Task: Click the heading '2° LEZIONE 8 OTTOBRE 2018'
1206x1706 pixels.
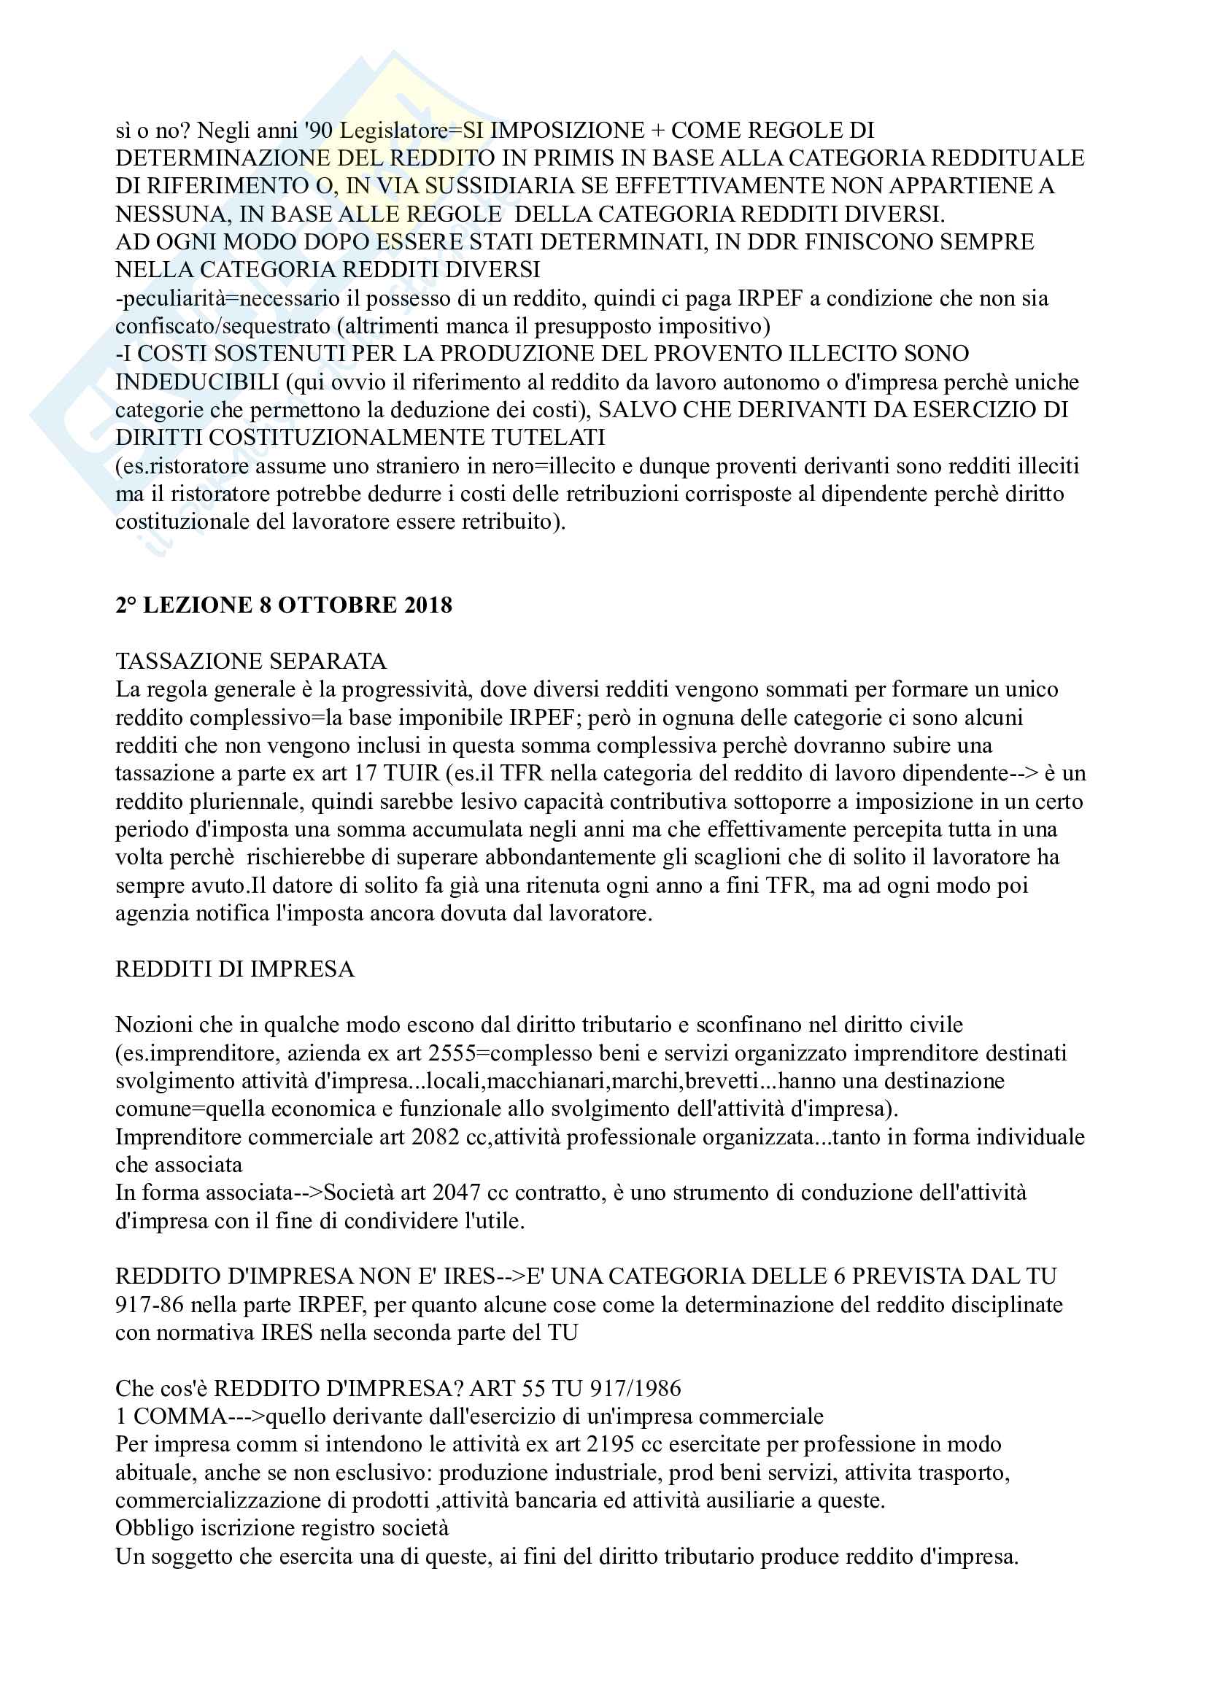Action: [283, 605]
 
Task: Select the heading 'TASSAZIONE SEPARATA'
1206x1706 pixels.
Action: [250, 661]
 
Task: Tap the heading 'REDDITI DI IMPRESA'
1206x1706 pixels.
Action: [235, 969]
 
